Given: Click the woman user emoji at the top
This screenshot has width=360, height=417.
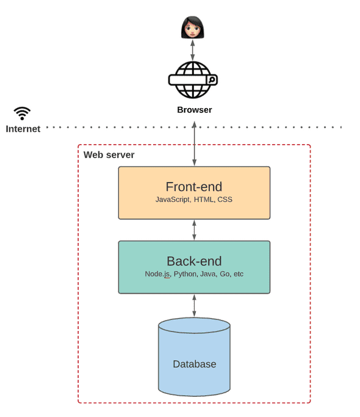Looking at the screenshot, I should (193, 27).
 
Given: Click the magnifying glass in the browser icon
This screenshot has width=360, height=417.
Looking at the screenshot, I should (211, 79).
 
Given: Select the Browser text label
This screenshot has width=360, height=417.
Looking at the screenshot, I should (194, 110).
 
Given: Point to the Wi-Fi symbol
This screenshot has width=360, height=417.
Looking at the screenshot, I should (23, 113).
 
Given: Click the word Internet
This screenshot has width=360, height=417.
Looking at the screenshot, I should (23, 129).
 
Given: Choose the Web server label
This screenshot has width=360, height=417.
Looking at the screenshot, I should (109, 154).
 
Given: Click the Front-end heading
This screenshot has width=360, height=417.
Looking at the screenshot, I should (194, 187).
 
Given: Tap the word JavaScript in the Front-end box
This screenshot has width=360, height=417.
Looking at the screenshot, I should (173, 200).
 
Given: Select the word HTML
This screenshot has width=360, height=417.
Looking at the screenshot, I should (204, 200).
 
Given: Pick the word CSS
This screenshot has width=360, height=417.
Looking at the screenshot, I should (225, 200).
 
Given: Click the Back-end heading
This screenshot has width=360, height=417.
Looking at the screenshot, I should (194, 261).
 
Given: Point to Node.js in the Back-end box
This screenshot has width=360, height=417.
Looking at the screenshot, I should (157, 274).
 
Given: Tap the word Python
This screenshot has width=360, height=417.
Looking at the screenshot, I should (185, 274).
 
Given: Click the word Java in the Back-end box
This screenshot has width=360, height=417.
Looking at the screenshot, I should (209, 274).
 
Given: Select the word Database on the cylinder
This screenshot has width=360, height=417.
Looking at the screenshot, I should (194, 364).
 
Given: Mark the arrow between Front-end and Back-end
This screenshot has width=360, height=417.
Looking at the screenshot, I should (194, 230).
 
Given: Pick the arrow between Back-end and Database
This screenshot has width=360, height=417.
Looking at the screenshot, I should (194, 305).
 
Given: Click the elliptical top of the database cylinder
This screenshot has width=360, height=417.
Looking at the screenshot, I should (194, 325).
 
